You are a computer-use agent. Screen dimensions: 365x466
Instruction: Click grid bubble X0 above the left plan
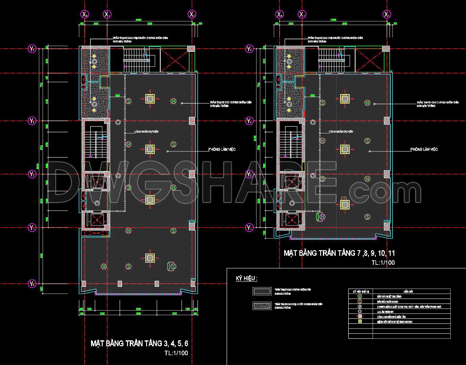tap(85, 14)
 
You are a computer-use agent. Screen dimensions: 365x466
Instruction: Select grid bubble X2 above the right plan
tap(387, 14)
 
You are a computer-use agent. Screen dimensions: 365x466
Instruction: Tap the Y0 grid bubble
tap(32, 284)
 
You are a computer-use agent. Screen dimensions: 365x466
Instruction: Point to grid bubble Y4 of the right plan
tap(249, 49)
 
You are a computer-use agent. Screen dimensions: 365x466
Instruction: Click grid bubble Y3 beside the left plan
tap(32, 121)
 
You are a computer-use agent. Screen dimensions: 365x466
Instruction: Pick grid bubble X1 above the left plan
tap(107, 14)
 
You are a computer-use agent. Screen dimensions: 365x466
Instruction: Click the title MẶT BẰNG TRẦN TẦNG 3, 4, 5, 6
tap(139, 343)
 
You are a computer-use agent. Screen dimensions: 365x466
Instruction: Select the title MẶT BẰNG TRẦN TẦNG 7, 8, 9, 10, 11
tap(339, 253)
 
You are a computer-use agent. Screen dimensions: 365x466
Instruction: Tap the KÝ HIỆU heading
tap(246, 278)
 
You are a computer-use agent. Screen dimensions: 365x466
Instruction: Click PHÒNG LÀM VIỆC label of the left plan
tap(222, 149)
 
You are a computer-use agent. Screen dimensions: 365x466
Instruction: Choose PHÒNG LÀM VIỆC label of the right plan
tap(424, 149)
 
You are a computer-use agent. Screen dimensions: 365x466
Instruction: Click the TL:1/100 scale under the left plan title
tap(176, 353)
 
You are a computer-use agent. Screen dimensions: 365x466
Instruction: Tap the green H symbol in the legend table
tap(360, 297)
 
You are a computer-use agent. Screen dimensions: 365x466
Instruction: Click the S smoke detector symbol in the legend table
tap(360, 302)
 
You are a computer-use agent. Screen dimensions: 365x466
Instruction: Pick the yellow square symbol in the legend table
tap(360, 322)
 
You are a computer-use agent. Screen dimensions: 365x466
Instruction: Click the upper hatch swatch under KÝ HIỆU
tap(262, 291)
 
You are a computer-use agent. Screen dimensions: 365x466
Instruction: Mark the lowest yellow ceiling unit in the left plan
tap(150, 258)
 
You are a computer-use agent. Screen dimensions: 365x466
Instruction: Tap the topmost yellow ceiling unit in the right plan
tap(345, 98)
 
